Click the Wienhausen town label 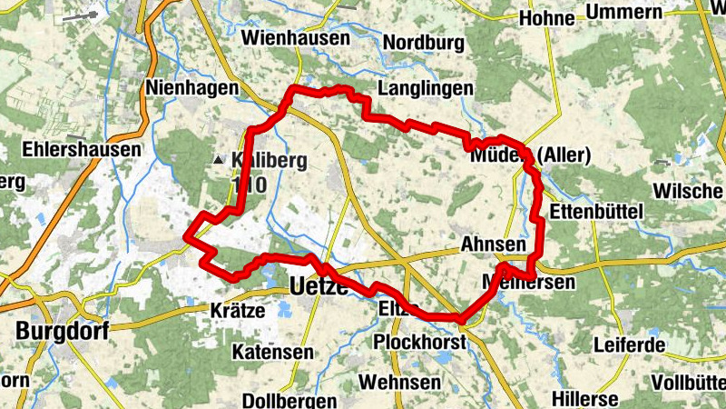coord(296,39)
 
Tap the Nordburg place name coord(423,43)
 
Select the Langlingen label coord(427,88)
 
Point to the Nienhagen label coord(191,88)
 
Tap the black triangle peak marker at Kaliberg coord(218,161)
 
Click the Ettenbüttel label coord(596,211)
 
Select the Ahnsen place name coord(493,244)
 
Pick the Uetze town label coord(319,288)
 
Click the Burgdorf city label coord(62,331)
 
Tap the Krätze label coord(237,310)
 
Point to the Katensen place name coord(273,351)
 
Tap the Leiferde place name coord(629,345)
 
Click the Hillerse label coord(586,399)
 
